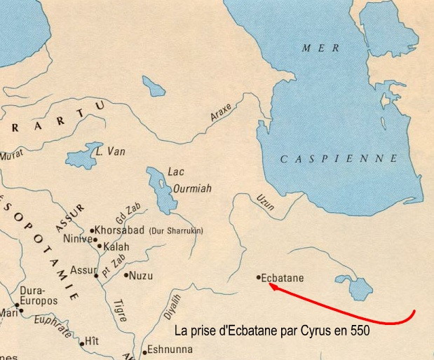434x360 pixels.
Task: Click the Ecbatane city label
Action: click(283, 278)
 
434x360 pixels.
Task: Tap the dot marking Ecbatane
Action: click(259, 277)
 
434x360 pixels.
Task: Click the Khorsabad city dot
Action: click(92, 230)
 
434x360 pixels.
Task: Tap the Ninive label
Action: click(78, 239)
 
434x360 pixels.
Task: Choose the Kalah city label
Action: click(116, 247)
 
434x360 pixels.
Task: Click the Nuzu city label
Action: click(141, 275)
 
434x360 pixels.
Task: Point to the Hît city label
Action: click(92, 340)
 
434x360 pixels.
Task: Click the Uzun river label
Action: click(265, 202)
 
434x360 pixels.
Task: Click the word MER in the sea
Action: click(320, 48)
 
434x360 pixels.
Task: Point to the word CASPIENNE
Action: click(339, 159)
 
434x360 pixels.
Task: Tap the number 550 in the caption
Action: click(360, 329)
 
